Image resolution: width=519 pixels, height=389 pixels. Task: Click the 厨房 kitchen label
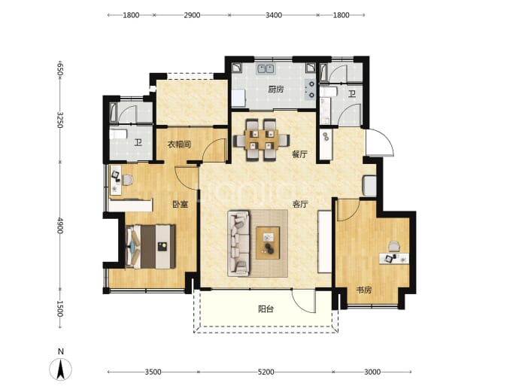pos(276,90)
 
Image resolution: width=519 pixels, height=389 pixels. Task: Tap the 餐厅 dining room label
pos(299,154)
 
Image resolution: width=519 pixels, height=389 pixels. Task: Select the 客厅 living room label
pos(300,204)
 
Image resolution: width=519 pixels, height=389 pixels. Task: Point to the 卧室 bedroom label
pos(180,204)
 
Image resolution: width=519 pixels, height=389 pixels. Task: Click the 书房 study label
pos(364,290)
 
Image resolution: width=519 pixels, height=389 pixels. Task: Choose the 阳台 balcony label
pos(266,309)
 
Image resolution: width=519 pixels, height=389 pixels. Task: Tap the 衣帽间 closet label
pos(179,144)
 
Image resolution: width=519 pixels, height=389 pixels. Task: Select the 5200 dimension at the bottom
pos(266,372)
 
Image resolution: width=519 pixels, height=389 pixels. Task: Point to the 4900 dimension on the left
pos(60,226)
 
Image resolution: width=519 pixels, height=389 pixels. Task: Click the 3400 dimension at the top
pos(274,15)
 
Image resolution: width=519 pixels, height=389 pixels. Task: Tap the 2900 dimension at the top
pos(192,15)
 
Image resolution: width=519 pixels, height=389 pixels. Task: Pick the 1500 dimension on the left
pos(60,308)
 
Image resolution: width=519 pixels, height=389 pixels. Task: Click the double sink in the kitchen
pos(266,68)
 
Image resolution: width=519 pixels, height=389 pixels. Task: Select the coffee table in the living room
pos(268,243)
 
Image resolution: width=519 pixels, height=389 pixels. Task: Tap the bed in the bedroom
pos(150,247)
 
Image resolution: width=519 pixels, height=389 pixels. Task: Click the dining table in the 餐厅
pos(262,140)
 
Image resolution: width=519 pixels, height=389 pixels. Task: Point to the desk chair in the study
pos(394,247)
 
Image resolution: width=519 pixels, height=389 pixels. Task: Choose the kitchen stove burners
pos(311,90)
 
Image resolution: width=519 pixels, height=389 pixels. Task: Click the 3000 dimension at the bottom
pos(372,372)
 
